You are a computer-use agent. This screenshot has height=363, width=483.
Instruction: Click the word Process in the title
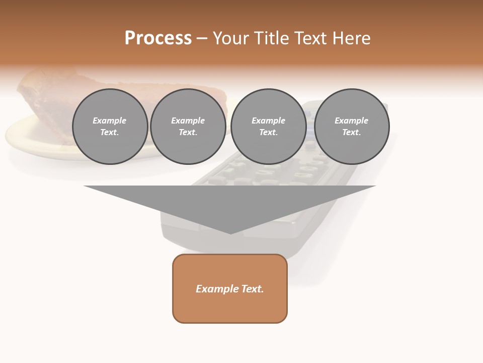[x=158, y=38]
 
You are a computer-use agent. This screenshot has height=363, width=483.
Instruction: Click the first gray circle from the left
[x=110, y=127]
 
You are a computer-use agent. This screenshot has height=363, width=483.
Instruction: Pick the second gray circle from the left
[x=188, y=127]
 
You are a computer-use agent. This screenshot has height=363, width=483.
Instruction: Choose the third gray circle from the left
[x=268, y=127]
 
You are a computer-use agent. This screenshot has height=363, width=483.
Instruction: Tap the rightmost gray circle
[x=351, y=127]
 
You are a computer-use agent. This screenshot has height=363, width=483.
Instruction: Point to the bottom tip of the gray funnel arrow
[x=230, y=233]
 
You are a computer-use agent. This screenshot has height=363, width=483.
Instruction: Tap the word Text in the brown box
[x=251, y=289]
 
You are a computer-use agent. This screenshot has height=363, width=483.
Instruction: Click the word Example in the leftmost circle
[x=110, y=120]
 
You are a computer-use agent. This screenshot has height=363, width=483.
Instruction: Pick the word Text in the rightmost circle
[x=351, y=132]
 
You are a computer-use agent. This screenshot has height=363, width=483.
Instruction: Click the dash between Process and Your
[x=202, y=39]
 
